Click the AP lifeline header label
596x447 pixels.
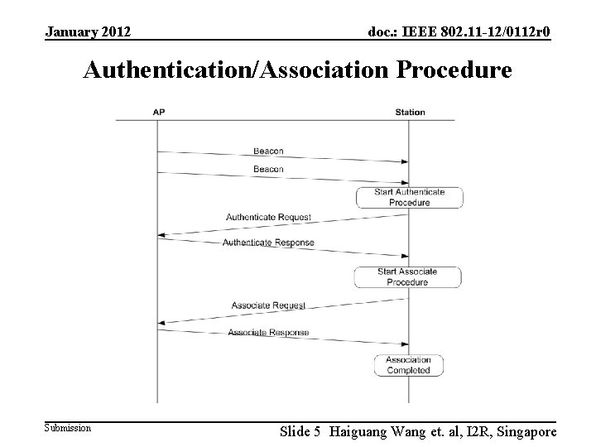[157, 112]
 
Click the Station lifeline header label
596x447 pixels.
[410, 112]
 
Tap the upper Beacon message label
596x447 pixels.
[268, 151]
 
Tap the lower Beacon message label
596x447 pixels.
[268, 169]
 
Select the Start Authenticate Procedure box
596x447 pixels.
[409, 197]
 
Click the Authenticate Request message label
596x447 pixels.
[268, 217]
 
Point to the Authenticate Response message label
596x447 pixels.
[268, 243]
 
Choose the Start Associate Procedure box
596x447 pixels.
[407, 276]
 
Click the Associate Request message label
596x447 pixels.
[268, 305]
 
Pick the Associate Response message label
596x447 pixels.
[268, 333]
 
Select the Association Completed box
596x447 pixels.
[408, 365]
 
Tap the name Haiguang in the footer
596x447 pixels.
[360, 430]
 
